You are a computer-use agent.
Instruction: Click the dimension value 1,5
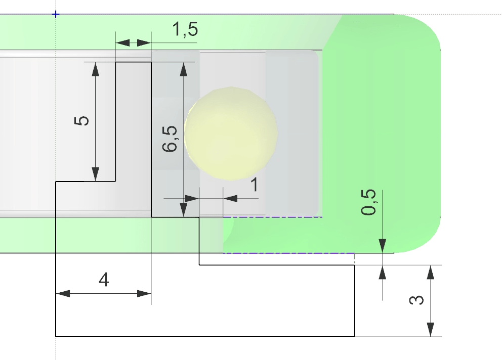pyautogui.click(x=185, y=30)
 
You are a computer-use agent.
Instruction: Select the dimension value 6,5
pyautogui.click(x=170, y=139)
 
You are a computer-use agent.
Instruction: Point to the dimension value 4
pyautogui.click(x=104, y=279)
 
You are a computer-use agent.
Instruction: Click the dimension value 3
pyautogui.click(x=416, y=300)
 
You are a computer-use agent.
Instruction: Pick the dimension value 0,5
pyautogui.click(x=369, y=202)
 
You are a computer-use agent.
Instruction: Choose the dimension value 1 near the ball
pyautogui.click(x=255, y=185)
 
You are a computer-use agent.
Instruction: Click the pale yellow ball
pyautogui.click(x=231, y=133)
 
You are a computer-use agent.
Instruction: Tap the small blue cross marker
pyautogui.click(x=56, y=14)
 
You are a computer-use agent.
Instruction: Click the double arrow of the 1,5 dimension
pyautogui.click(x=134, y=43)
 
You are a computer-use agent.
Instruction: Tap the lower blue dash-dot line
pyautogui.click(x=288, y=253)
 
